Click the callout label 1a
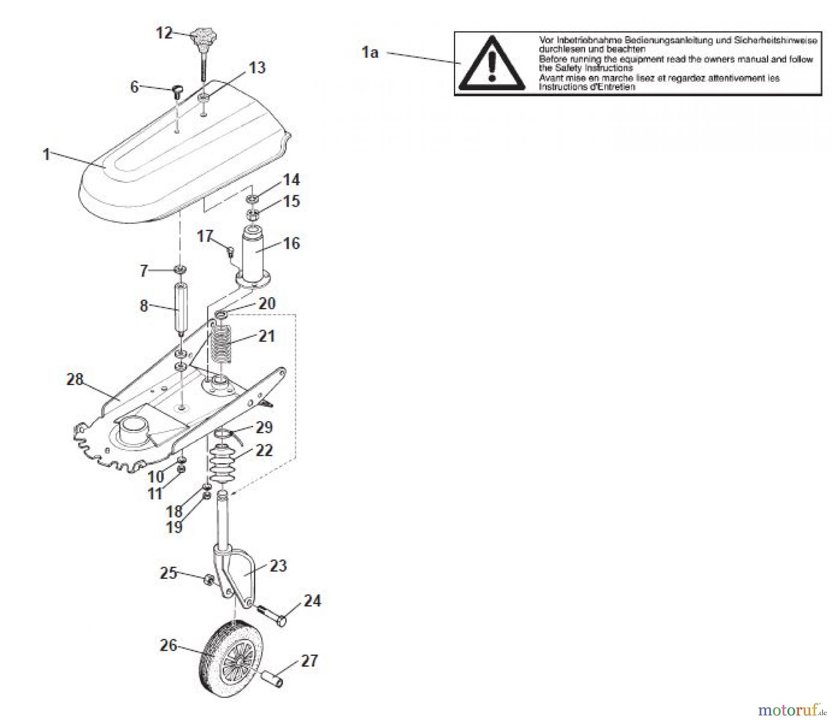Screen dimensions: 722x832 370,53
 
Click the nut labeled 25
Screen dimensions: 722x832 208,579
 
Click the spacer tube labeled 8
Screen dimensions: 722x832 179,306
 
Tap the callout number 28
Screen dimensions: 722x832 75,379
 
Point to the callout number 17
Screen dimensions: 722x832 205,236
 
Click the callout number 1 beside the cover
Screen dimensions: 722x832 46,154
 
